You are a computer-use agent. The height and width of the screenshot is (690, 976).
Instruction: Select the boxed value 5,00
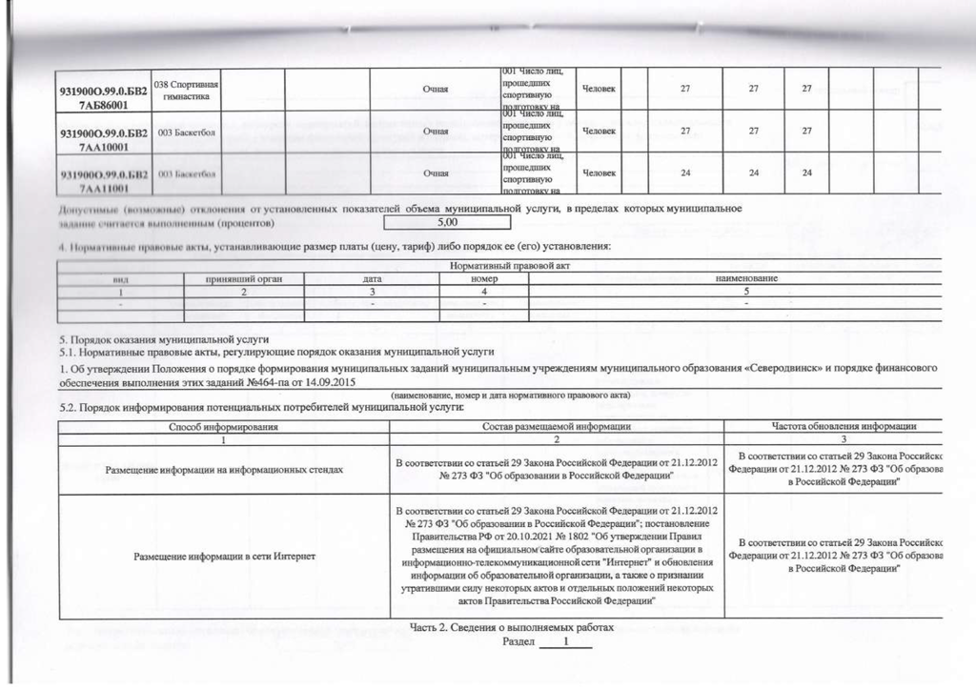(x=447, y=223)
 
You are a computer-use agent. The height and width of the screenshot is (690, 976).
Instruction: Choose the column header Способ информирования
(x=223, y=426)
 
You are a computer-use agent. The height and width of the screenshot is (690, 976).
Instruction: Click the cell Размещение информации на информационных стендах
(x=224, y=470)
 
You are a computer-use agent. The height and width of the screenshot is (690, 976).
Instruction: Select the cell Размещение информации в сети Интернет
(x=224, y=556)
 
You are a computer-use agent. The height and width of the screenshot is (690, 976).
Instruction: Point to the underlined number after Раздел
(x=565, y=642)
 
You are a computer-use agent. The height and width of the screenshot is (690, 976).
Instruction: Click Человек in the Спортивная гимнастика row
(x=598, y=90)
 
